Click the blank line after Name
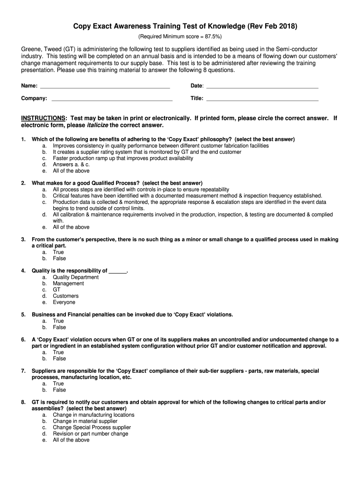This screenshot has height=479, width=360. (105, 87)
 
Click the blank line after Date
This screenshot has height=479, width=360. (262, 87)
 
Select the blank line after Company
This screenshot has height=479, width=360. (112, 100)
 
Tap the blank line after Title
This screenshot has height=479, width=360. (262, 100)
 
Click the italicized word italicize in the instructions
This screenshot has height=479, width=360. (98, 125)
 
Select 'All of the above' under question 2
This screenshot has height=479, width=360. (71, 227)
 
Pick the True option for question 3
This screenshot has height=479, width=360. (58, 252)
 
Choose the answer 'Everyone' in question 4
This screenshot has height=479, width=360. (64, 302)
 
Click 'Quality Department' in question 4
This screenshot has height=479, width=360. (76, 277)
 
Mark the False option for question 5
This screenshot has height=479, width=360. (59, 327)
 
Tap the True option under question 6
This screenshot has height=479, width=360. (58, 352)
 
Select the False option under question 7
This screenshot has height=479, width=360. (59, 390)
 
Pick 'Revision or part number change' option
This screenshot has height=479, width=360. (90, 434)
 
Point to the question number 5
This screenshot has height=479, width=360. (23, 315)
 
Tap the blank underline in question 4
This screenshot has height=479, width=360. (117, 271)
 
